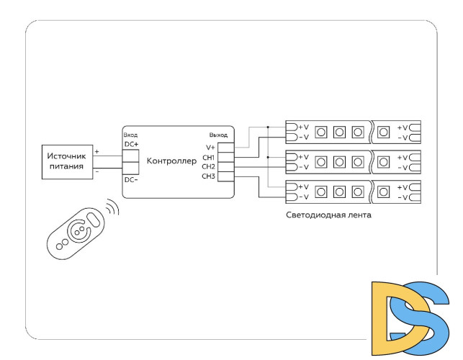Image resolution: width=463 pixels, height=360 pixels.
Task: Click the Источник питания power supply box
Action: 66,161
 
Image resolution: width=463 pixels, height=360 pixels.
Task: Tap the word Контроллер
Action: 171,161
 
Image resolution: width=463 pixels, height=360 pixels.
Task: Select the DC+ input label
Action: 131,145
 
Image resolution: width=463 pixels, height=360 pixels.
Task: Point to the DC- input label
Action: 131,179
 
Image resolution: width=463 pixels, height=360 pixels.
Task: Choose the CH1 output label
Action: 209,157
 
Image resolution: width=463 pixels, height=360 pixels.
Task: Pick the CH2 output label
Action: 209,166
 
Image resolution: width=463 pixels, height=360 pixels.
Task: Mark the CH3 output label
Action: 209,176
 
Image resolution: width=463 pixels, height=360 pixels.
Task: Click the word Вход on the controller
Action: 130,135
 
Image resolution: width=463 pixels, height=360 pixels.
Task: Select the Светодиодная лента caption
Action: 328,215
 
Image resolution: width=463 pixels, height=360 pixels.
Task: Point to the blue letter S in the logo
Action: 421,317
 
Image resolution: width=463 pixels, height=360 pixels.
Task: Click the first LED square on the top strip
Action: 320,132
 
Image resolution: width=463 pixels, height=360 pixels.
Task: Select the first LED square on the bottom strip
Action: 320,192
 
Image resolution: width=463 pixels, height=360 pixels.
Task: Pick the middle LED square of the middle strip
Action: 338,161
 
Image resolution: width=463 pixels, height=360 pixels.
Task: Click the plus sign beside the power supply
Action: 97,152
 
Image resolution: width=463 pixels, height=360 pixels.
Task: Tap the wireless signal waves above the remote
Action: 112,210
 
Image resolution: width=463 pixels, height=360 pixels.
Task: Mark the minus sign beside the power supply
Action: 97,172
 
